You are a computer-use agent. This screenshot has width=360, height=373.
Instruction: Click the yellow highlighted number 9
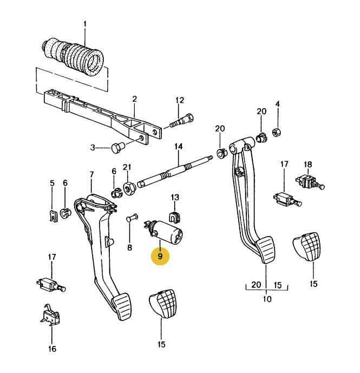coord(160,256)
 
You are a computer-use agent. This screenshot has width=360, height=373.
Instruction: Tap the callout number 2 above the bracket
coord(135,100)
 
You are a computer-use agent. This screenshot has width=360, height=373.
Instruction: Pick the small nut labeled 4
coord(277,132)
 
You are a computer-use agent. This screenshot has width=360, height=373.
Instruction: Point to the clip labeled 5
coord(54,216)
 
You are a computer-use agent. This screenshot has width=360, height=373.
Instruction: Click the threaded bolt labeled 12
coord(182,121)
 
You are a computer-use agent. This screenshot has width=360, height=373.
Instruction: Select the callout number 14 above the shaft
coord(179,146)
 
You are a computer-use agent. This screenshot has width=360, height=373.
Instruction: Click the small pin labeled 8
coord(132,217)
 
